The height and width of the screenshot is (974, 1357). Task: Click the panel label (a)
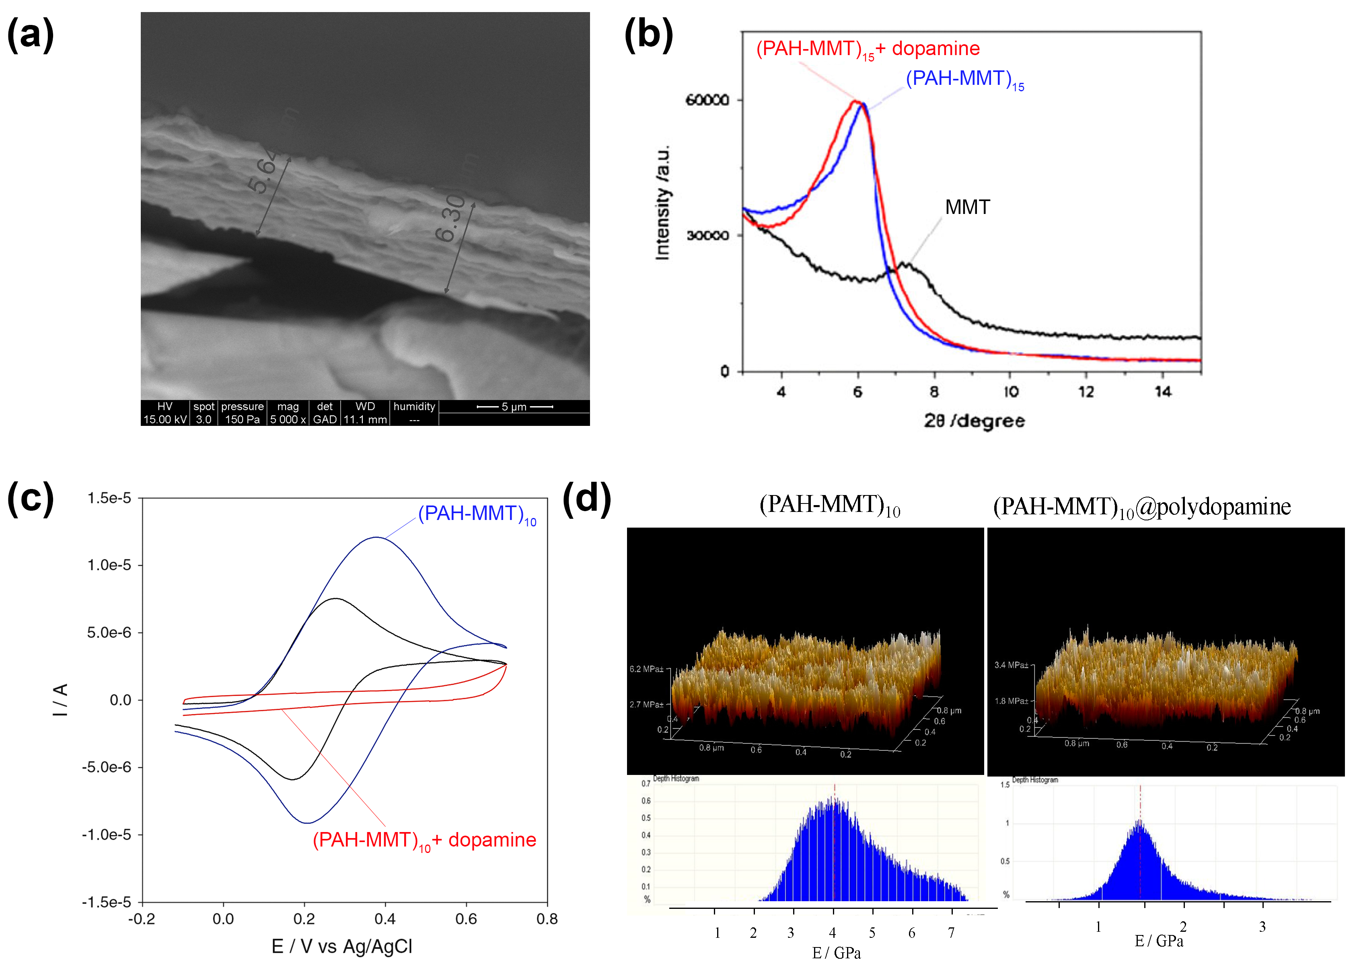pyautogui.click(x=30, y=34)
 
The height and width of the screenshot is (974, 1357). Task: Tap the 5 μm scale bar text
pyautogui.click(x=514, y=407)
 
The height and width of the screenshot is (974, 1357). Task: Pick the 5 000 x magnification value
pyautogui.click(x=288, y=419)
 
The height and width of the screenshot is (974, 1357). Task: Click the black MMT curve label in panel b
pyautogui.click(x=967, y=208)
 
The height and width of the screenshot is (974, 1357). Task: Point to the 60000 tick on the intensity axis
pyautogui.click(x=707, y=100)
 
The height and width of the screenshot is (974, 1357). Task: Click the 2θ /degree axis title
pyautogui.click(x=973, y=421)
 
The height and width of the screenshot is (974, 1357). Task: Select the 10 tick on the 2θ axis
pyautogui.click(x=1011, y=392)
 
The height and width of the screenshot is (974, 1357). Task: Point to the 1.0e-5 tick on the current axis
pyautogui.click(x=109, y=565)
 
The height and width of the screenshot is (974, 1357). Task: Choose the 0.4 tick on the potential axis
pyautogui.click(x=385, y=919)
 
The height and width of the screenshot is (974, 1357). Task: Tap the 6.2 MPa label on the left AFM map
pyautogui.click(x=646, y=669)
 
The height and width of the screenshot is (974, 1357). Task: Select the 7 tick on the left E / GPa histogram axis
pyautogui.click(x=951, y=933)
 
